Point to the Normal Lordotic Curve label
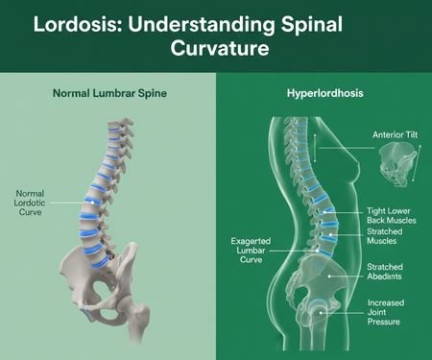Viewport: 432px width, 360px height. pos(30,204)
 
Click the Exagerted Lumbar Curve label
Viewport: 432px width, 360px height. pos(252,251)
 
